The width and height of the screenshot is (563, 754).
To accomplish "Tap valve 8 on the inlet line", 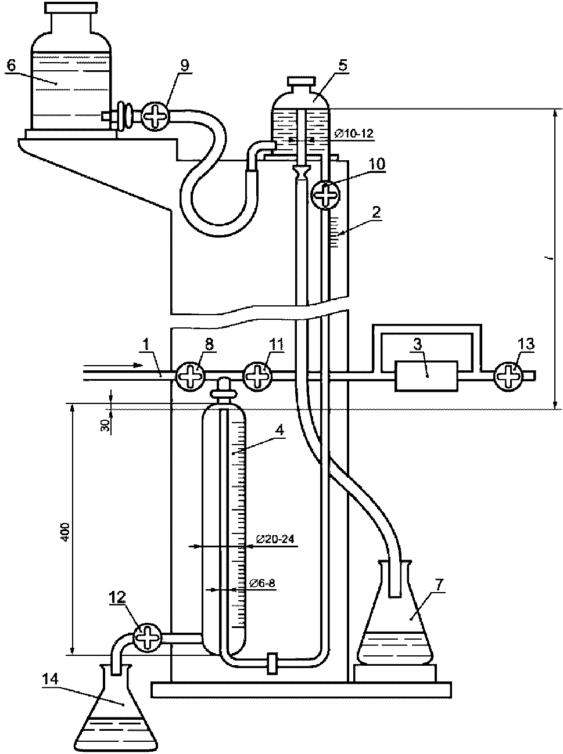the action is click(x=190, y=377).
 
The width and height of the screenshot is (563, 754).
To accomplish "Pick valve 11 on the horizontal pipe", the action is click(x=257, y=377).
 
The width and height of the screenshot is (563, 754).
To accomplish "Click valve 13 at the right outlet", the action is click(x=508, y=376).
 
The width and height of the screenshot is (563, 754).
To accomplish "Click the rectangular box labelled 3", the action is click(x=426, y=376).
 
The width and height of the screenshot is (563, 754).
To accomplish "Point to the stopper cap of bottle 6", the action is click(x=71, y=8).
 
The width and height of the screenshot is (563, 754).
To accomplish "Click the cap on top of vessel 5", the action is click(x=301, y=82).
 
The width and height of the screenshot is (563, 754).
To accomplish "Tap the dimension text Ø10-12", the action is click(x=354, y=134).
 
